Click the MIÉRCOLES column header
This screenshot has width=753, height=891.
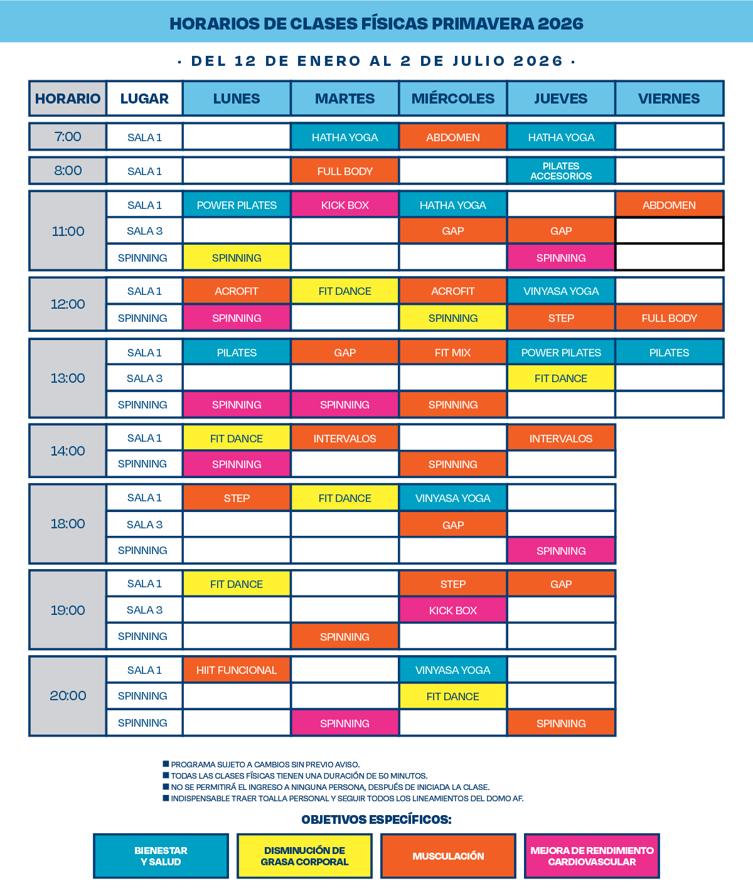(452, 99)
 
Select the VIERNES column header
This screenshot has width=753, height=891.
(669, 99)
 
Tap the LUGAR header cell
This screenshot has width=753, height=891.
(144, 99)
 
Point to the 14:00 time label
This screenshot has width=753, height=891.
(68, 451)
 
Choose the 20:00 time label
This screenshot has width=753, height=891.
(68, 695)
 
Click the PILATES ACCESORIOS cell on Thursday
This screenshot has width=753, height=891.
(561, 171)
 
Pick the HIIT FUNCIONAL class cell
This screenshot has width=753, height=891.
(237, 670)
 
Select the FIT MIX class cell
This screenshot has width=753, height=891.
(452, 353)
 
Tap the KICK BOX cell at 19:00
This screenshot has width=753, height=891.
(452, 610)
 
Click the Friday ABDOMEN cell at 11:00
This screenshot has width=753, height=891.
(669, 205)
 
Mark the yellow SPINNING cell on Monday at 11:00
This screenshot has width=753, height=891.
(237, 258)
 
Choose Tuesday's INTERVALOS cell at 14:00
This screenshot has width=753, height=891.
(344, 439)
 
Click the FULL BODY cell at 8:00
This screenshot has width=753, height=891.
(344, 171)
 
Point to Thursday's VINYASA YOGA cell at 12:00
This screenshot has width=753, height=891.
(561, 291)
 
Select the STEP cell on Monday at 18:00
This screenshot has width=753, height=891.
(237, 498)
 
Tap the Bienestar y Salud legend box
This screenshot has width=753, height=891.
(161, 856)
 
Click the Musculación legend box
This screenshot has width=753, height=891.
(448, 856)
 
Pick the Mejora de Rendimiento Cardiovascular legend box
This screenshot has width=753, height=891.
(592, 856)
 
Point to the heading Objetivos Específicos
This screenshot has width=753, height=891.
(376, 819)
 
